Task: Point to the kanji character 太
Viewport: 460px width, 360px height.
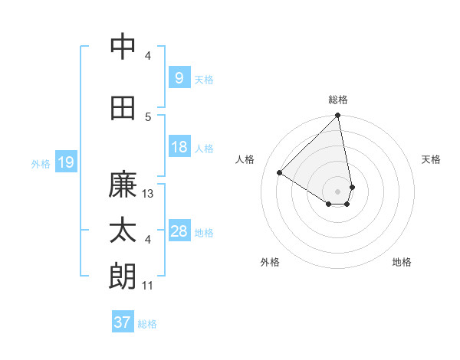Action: pos(123,231)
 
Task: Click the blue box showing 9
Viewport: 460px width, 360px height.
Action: pos(179,77)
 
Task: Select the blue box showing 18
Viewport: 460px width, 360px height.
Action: pos(179,147)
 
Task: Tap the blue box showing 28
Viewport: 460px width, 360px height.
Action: pos(179,231)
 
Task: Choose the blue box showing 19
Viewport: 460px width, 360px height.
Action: pos(65,162)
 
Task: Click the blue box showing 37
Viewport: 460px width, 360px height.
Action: pos(123,322)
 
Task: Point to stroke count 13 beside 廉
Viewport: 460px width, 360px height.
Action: pos(149,194)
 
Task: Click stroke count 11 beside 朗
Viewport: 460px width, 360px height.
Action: pos(149,286)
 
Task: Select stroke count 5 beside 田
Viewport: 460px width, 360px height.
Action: pos(148,116)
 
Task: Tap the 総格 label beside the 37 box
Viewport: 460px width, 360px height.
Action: pos(148,324)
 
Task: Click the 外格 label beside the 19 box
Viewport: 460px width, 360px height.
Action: pos(41,163)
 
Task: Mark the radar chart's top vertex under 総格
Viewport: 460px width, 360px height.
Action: pos(337,116)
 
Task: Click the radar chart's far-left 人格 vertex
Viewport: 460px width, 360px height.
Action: pos(280,172)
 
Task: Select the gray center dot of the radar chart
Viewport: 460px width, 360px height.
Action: pos(337,191)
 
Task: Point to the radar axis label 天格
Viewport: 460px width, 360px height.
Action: pos(431,159)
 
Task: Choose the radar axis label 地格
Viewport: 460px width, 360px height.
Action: pos(402,262)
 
